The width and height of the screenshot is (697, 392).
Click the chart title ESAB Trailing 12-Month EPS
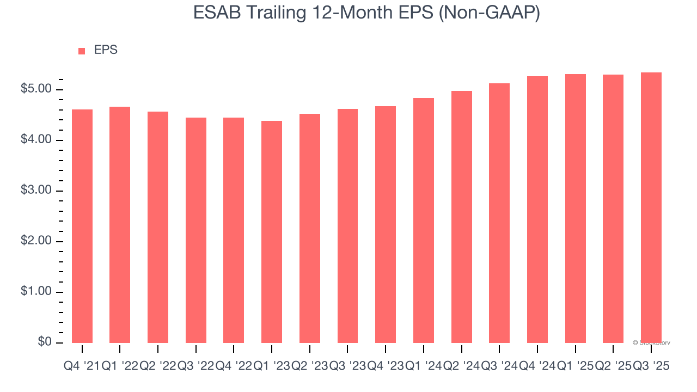coord(366,13)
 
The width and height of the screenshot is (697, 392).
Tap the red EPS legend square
coord(82,51)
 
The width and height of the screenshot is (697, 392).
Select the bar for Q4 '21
coord(82,226)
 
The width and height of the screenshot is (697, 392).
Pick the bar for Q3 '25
coord(651,207)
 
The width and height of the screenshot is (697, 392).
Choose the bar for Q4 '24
coord(537,210)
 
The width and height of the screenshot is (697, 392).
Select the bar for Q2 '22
coord(158,227)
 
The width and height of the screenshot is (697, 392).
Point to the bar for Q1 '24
coord(424,220)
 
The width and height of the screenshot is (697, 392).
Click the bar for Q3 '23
coord(347,226)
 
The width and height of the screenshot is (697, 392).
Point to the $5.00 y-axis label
coord(36,89)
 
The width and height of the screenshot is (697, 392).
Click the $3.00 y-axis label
coord(36,191)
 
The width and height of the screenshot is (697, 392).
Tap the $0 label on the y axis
coord(45,342)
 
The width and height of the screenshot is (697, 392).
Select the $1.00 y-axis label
coord(36,292)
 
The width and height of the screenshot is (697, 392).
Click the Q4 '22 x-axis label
coord(234,366)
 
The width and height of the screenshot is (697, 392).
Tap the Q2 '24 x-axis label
coord(461,366)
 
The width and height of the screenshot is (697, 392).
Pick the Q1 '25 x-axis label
coord(575,366)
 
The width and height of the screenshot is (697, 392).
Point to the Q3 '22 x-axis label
coord(195,366)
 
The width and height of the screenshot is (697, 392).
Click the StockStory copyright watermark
coord(651,343)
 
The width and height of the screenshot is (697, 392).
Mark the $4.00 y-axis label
coord(36,140)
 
